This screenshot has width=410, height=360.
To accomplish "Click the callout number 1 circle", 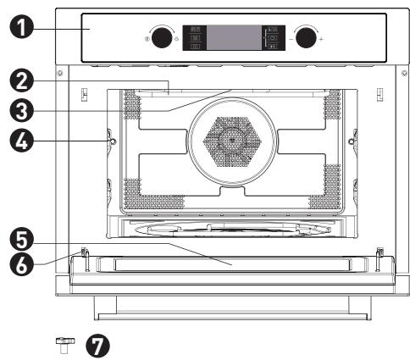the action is click(x=21, y=27).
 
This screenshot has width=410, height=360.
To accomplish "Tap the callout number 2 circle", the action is click(x=21, y=82).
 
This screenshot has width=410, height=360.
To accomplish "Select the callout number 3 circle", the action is click(x=21, y=111).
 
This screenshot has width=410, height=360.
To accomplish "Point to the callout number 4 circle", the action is click(x=21, y=141).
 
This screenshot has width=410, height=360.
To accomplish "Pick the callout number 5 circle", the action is click(x=21, y=240).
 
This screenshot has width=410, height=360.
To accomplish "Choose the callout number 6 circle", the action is click(x=21, y=264).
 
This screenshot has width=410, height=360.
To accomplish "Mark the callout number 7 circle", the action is click(x=97, y=346).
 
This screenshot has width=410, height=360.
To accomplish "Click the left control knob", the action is click(x=162, y=37).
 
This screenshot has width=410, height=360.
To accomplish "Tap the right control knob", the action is click(x=306, y=37).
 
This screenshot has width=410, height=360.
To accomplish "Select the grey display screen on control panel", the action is click(x=235, y=38).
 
